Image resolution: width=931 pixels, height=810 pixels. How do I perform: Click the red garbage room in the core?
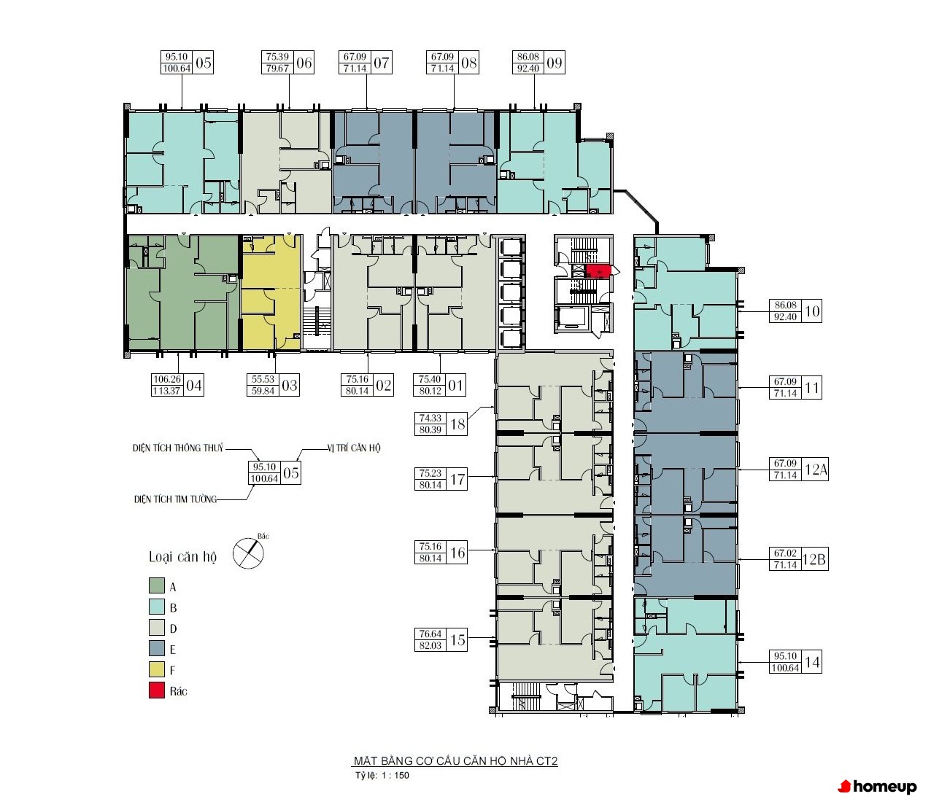pyautogui.click(x=598, y=271)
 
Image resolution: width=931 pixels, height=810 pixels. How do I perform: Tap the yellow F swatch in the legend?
pyautogui.click(x=157, y=669)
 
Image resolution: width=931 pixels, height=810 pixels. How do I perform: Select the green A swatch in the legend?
pyautogui.click(x=157, y=585)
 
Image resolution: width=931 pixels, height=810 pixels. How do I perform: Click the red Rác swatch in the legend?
pyautogui.click(x=157, y=690)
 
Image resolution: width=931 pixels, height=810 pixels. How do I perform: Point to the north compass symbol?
pyautogui.click(x=249, y=553)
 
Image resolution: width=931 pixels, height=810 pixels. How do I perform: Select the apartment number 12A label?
pyautogui.click(x=816, y=469)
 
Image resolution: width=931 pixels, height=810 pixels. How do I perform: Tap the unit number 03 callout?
pyautogui.click(x=290, y=386)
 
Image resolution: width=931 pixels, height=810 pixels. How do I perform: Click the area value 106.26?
pyautogui.click(x=167, y=379)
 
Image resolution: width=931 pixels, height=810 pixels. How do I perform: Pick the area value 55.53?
pyautogui.click(x=263, y=379)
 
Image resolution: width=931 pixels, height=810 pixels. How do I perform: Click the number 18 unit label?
pyautogui.click(x=457, y=424)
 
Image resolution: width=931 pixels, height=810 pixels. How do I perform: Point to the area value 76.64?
pyautogui.click(x=430, y=634)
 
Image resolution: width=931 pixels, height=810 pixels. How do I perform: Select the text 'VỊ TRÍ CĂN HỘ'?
pyautogui.click(x=354, y=448)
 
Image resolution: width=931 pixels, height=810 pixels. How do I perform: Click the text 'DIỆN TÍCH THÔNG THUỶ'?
pyautogui.click(x=178, y=448)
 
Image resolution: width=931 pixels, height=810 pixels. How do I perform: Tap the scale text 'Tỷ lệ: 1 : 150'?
pyautogui.click(x=382, y=776)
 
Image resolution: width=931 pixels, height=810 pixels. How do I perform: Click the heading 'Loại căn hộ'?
pyautogui.click(x=182, y=557)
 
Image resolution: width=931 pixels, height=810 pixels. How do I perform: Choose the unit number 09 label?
pyautogui.click(x=554, y=63)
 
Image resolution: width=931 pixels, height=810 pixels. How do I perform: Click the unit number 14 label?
pyautogui.click(x=812, y=662)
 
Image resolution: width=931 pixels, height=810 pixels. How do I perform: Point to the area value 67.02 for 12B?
pyautogui.click(x=785, y=553)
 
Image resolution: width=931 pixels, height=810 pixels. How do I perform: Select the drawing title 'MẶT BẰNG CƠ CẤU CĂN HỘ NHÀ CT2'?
pyautogui.click(x=455, y=761)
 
